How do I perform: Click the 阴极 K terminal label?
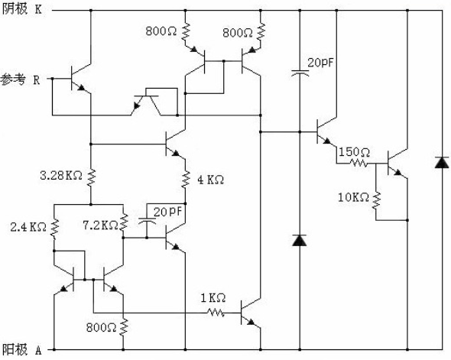[22, 9]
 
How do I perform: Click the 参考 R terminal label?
[20, 79]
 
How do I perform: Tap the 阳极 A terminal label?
[22, 350]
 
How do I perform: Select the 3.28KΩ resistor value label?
[61, 175]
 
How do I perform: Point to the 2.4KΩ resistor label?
[28, 228]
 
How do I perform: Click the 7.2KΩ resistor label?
[100, 225]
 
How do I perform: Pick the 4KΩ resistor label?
[210, 180]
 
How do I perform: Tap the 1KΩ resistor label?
[213, 298]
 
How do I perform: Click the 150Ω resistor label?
[354, 152]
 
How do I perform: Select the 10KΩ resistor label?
[353, 197]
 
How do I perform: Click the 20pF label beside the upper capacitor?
[320, 63]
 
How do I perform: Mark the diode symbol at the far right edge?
[442, 163]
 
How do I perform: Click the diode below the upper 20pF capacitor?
[300, 240]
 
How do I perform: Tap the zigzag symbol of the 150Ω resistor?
[359, 164]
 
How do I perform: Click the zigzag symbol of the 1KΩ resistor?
[216, 313]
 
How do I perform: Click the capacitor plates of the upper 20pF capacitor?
[300, 73]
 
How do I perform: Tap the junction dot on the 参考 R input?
[52, 78]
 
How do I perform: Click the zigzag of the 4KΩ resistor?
[186, 180]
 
